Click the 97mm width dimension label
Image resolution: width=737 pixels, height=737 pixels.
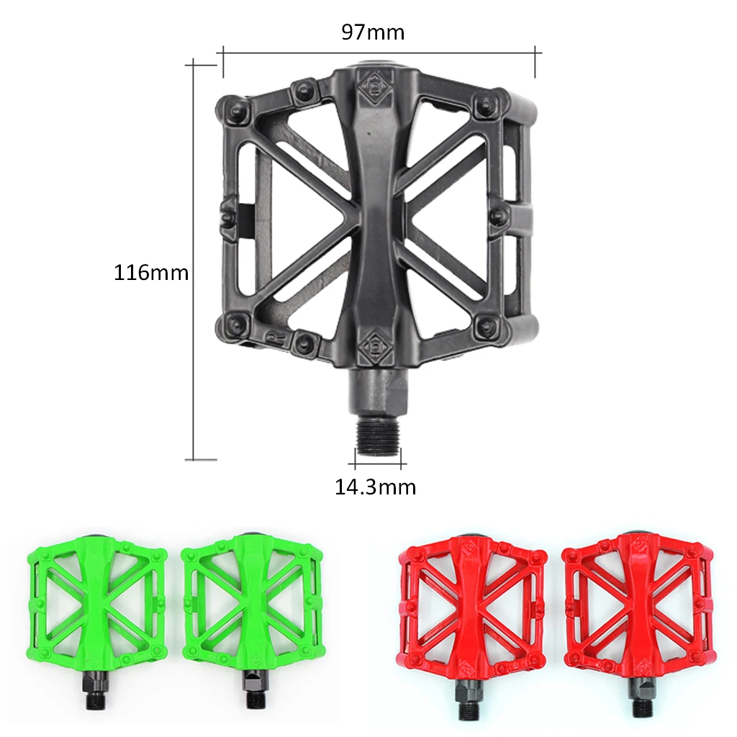[373, 32]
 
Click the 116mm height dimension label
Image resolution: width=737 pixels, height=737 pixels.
[151, 273]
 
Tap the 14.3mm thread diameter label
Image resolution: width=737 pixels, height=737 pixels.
[375, 487]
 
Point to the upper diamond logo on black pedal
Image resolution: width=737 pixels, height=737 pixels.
[374, 87]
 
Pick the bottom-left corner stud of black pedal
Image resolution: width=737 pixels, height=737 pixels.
[236, 322]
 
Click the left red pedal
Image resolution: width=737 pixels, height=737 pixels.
[471, 605]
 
